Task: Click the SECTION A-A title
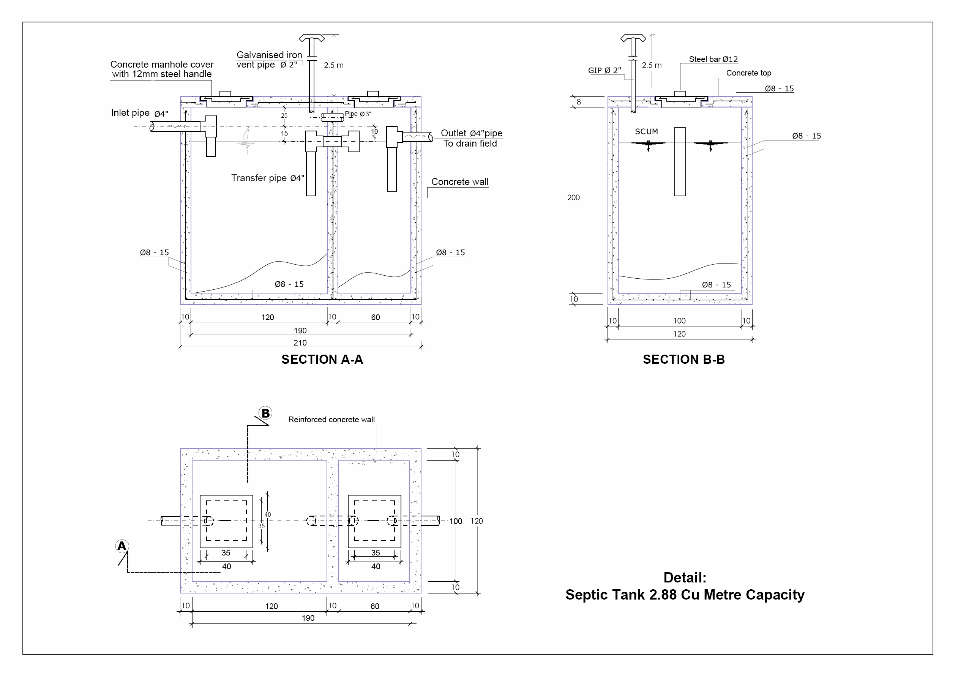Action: pos(322,359)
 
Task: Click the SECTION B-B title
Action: pos(683,359)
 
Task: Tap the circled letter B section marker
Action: pos(265,413)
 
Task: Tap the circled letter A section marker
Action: pos(122,546)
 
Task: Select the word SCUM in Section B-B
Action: pos(646,131)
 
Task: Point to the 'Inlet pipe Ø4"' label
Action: pos(139,113)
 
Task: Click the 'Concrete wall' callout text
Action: pos(459,182)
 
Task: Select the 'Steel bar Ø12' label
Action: pos(713,59)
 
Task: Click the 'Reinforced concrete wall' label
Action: pos(331,419)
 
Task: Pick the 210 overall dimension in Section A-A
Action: pos(300,342)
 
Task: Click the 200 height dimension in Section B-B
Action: pos(573,197)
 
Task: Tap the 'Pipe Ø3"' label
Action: pos(358,114)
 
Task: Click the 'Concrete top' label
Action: pos(748,73)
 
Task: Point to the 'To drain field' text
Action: pos(470,144)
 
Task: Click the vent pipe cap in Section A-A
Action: pos(312,39)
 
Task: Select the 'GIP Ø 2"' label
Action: pos(604,71)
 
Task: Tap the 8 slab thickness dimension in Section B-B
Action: pos(578,101)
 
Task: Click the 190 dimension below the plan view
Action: pos(308,618)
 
